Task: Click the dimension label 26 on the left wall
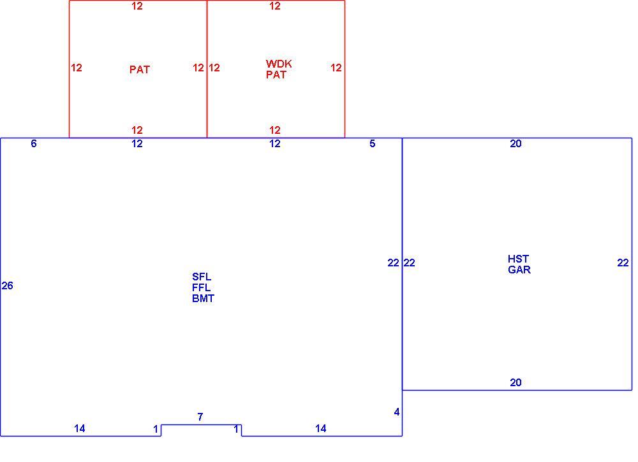[7, 285]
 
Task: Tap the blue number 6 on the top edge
[34, 143]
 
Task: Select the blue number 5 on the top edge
[373, 143]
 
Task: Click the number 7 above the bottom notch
[200, 417]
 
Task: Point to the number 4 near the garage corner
[397, 412]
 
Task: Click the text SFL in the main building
[202, 277]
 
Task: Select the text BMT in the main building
[203, 298]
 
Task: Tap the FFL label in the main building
[202, 287]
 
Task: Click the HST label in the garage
[518, 259]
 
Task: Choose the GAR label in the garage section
[519, 270]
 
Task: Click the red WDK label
[279, 64]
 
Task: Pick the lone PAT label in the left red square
[140, 69]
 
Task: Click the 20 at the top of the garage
[516, 143]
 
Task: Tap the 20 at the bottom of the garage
[516, 382]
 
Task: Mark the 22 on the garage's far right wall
[623, 263]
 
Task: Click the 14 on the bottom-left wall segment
[80, 428]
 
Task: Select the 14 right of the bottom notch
[321, 428]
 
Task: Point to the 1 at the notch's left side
[156, 429]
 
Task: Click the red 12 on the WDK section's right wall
[336, 68]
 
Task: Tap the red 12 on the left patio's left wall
[77, 68]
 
